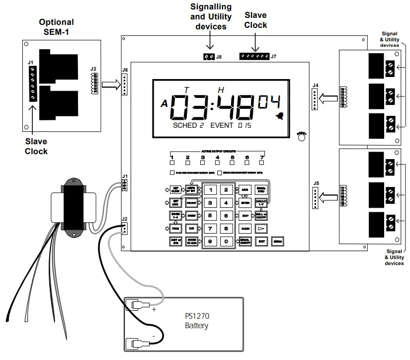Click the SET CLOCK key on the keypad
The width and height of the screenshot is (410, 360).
pyautogui.click(x=175, y=189)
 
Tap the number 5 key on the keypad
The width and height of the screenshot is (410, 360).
pyautogui.click(x=210, y=215)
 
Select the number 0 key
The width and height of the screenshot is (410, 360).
pyautogui.click(x=226, y=241)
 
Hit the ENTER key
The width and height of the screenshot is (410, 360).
pyautogui.click(x=245, y=202)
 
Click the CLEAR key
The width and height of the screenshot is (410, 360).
pyautogui.click(x=245, y=228)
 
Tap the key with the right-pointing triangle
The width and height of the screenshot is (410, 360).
pyautogui.click(x=261, y=228)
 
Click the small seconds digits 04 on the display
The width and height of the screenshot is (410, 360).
pyautogui.click(x=268, y=101)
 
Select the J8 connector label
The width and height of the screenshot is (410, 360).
pyautogui.click(x=219, y=57)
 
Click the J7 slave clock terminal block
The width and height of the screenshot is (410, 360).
pyautogui.click(x=254, y=57)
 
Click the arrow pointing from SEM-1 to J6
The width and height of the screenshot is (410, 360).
pyautogui.click(x=110, y=86)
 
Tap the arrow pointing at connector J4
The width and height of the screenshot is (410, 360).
pyautogui.click(x=328, y=96)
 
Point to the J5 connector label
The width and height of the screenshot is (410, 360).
pyautogui.click(x=316, y=183)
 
